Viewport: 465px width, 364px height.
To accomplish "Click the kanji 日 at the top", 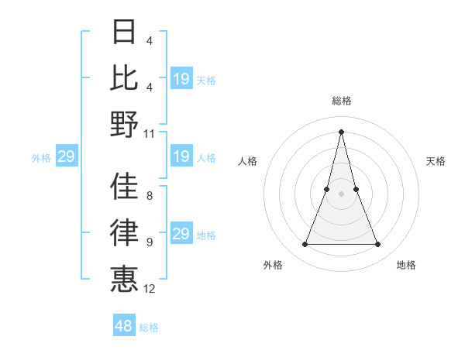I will point(125,32).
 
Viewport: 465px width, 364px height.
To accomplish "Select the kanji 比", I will point(125,77).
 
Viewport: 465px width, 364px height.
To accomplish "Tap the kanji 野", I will point(125,123).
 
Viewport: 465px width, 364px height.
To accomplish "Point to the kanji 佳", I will point(125,185).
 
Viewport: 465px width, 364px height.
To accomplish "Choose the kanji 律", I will point(125,232).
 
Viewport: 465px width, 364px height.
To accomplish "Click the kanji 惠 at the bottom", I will point(125,277).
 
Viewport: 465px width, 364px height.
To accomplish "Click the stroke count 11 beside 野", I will point(150,133).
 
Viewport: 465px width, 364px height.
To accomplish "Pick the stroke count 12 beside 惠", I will point(150,288).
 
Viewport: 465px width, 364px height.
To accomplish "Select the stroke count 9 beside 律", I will point(150,242).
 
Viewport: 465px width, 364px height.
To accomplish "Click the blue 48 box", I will point(124,326).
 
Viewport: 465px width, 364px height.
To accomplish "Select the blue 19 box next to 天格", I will point(181,79).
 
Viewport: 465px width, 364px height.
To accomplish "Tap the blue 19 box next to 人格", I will point(181,157).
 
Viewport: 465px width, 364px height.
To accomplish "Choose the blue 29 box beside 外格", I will point(66,157).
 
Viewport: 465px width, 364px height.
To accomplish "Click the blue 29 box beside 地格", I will point(181,235).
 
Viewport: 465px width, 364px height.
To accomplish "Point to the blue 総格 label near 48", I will point(149,328).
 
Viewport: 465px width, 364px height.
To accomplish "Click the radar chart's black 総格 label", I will point(342,101).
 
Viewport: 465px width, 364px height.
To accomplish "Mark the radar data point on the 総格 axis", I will point(342,131).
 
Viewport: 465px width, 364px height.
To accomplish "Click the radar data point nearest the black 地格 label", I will point(378,245).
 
